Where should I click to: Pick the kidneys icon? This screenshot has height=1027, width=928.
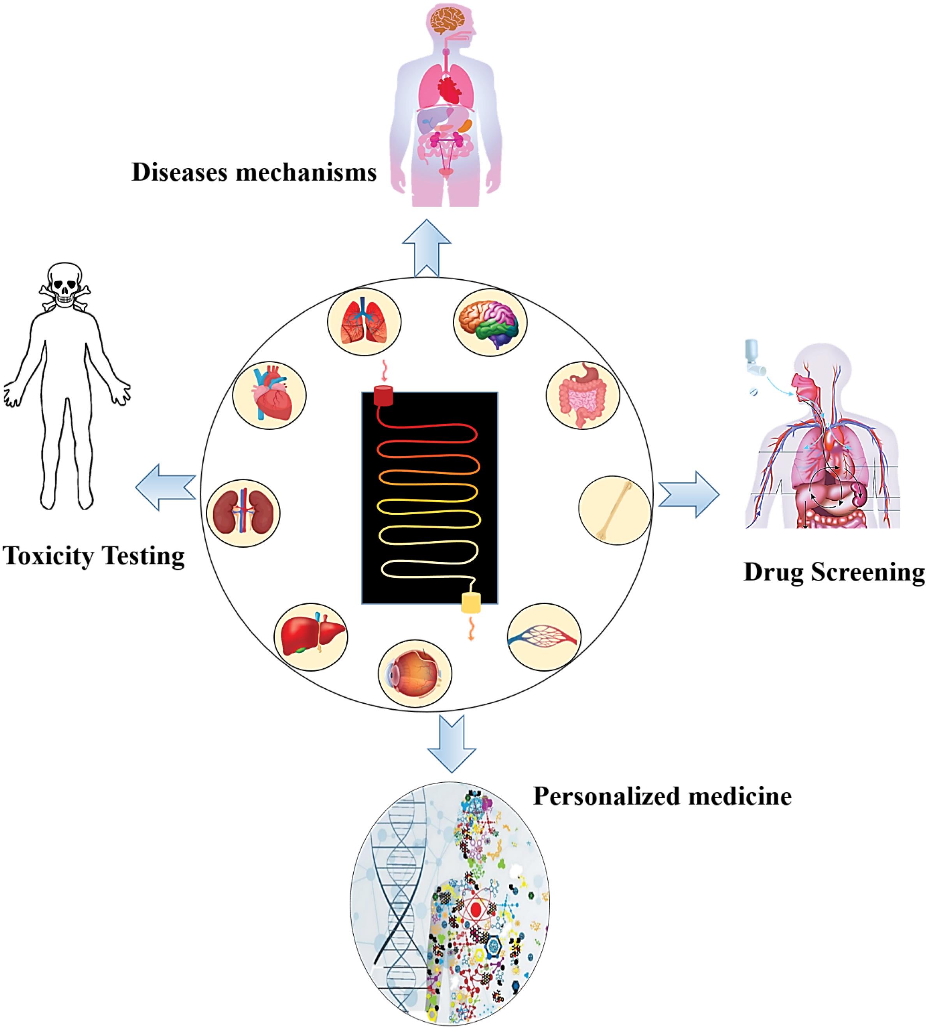[x=243, y=512]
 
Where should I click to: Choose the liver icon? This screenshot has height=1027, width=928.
[x=310, y=637]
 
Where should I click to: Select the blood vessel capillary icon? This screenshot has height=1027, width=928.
[x=544, y=637]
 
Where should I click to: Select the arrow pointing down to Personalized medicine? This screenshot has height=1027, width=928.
[x=451, y=742]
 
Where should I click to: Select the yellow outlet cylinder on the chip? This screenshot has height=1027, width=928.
[x=471, y=603]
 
